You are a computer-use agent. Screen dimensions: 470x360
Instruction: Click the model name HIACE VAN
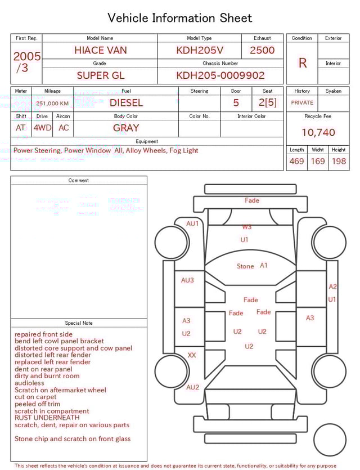(101, 50)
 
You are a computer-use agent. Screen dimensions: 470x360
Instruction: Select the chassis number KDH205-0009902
(220, 75)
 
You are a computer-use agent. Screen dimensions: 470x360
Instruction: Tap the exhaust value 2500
(262, 50)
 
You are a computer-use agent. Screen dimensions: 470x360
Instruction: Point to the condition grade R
(303, 63)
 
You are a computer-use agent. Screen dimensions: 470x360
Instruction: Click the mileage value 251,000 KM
(52, 104)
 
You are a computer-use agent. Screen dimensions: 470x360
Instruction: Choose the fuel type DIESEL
(126, 103)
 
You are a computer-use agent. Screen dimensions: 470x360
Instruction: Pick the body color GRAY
(126, 128)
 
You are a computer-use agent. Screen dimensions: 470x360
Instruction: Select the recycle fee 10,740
(318, 133)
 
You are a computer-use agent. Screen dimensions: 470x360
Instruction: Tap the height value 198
(339, 162)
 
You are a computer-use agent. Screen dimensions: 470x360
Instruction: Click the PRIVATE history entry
(302, 103)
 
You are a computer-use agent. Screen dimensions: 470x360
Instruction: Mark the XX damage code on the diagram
(192, 356)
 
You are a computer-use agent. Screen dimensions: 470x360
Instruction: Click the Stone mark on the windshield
(245, 266)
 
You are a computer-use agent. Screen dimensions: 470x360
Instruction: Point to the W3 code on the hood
(246, 227)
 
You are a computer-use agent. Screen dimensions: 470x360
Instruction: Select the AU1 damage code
(192, 224)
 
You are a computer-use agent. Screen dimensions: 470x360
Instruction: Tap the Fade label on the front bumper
(252, 200)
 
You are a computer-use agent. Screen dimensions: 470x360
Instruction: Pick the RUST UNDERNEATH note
(47, 418)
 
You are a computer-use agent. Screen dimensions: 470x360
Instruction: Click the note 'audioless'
(29, 383)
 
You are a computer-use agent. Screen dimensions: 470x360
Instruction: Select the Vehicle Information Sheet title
(180, 18)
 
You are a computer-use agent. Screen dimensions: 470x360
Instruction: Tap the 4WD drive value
(42, 128)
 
